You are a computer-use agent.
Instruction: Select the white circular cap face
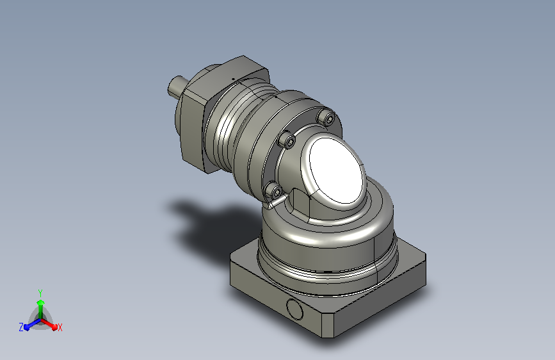tap(337, 170)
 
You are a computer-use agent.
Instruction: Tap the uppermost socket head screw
tap(326, 117)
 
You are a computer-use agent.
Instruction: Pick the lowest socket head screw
tap(274, 191)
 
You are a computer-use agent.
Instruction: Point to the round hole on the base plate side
tap(294, 309)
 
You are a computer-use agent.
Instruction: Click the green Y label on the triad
tap(40, 293)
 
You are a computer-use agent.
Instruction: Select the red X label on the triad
tap(60, 327)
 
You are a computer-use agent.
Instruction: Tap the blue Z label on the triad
tap(21, 327)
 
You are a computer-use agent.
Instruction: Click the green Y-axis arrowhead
tap(41, 303)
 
